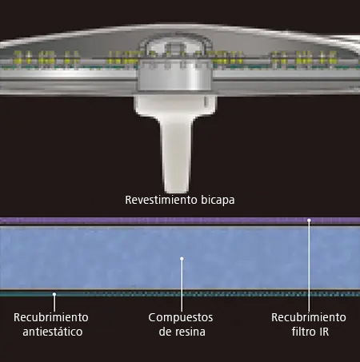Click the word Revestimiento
pyautogui.click(x=162, y=200)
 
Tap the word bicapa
pyautogui.click(x=218, y=201)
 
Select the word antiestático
pyautogui.click(x=53, y=332)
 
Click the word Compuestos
pyautogui.click(x=181, y=318)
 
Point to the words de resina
pyautogui.click(x=182, y=332)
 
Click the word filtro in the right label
pyautogui.click(x=302, y=332)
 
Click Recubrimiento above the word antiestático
pyautogui.click(x=51, y=317)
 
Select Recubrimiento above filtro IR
pyautogui.click(x=309, y=317)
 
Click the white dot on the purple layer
pyautogui.click(x=309, y=221)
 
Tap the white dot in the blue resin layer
pyautogui.click(x=182, y=258)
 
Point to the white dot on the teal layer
pyautogui.click(x=54, y=294)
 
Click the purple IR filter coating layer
pyautogui.click(x=180, y=221)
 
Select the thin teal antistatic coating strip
pyautogui.click(x=180, y=294)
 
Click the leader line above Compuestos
pyautogui.click(x=182, y=284)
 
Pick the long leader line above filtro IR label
pyautogui.click(x=309, y=265)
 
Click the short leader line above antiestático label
pyautogui.click(x=54, y=303)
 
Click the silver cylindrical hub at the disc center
pyautogui.click(x=175, y=76)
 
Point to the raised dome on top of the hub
pyautogui.click(x=175, y=48)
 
